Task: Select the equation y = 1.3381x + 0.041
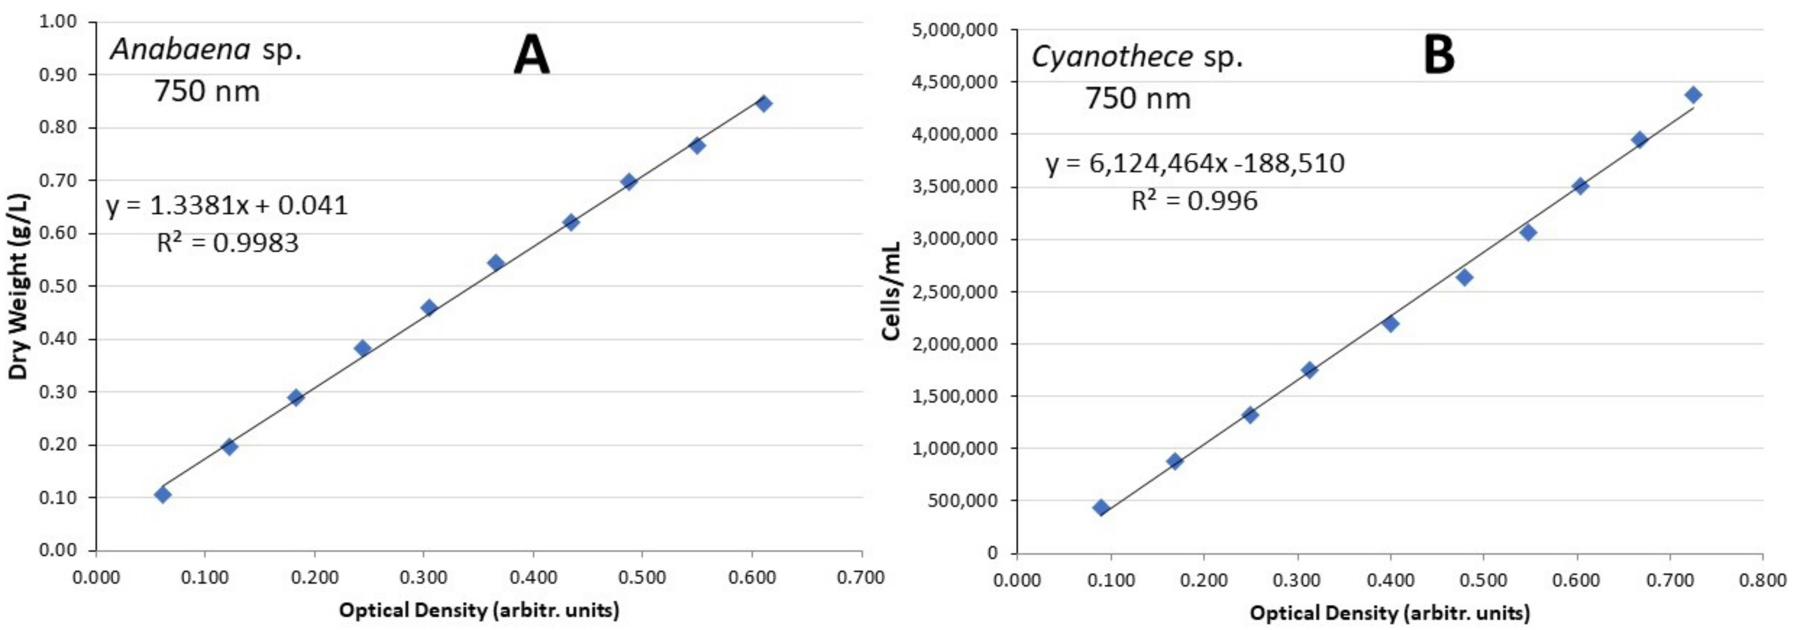227,206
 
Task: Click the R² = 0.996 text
1194,201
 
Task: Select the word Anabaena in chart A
180,49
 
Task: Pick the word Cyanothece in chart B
1112,56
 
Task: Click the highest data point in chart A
763,104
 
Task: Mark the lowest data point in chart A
162,495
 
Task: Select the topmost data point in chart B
1693,95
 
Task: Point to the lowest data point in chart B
1100,507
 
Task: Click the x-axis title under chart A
479,611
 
